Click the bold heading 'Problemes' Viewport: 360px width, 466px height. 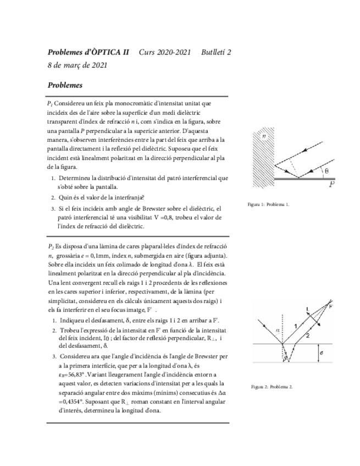tap(65, 85)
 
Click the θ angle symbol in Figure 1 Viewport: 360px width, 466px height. tap(326, 171)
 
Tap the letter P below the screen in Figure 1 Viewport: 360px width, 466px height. tap(331, 185)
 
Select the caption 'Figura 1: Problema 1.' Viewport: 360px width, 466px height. tap(268, 204)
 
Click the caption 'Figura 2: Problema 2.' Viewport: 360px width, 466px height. tap(272, 387)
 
